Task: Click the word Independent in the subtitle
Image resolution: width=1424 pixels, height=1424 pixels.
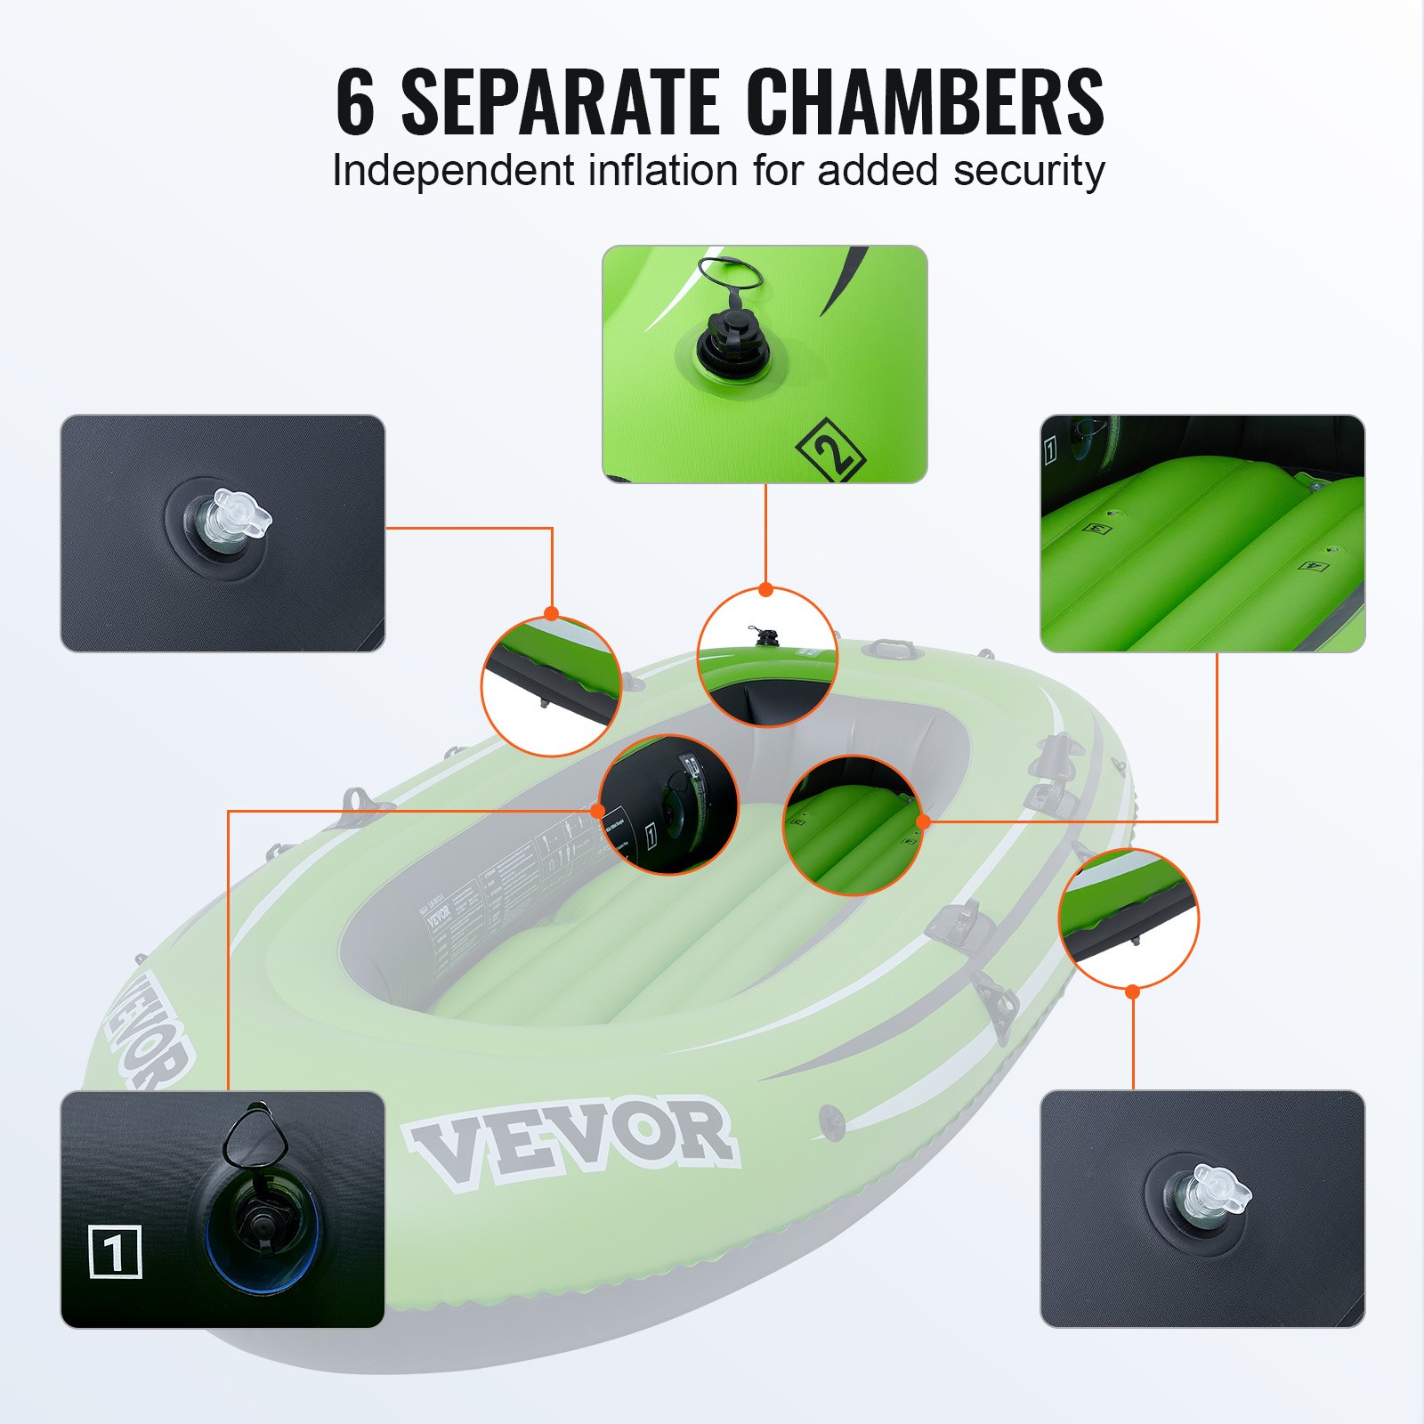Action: point(453,171)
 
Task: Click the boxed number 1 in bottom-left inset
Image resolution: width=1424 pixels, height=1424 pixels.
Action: point(116,1251)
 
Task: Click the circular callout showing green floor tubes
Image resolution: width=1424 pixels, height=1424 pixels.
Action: point(853,825)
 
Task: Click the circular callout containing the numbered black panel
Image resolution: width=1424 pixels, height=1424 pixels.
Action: point(668,804)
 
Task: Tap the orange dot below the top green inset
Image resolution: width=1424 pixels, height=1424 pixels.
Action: point(765,589)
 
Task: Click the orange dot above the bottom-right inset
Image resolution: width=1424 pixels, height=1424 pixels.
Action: point(1132,991)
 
